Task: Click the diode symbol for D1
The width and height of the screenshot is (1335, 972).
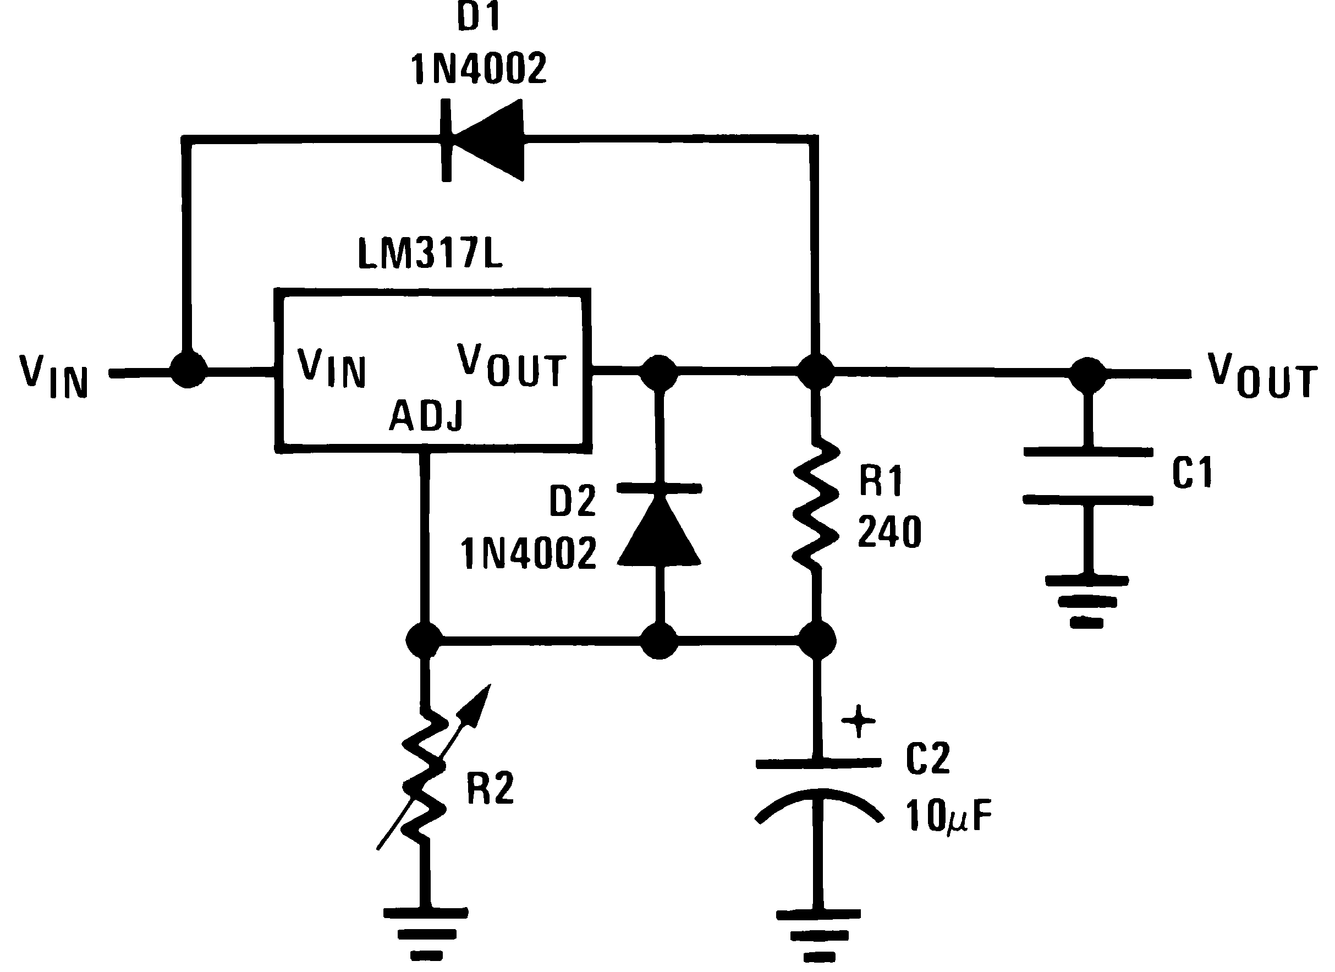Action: (x=482, y=140)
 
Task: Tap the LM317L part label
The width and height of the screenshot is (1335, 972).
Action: (x=430, y=255)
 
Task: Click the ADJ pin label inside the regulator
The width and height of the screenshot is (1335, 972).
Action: (x=426, y=416)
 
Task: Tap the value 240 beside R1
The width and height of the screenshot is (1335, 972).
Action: (x=889, y=532)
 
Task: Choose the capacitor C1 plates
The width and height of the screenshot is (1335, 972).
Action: (x=1088, y=476)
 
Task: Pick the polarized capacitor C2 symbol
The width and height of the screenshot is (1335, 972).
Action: (x=818, y=789)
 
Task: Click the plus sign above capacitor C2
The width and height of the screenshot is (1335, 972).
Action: (x=858, y=721)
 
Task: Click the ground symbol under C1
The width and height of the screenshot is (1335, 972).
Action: (x=1086, y=601)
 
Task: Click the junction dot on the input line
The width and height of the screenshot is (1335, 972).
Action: (x=188, y=371)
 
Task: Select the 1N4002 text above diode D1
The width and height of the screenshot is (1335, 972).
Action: (x=479, y=68)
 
